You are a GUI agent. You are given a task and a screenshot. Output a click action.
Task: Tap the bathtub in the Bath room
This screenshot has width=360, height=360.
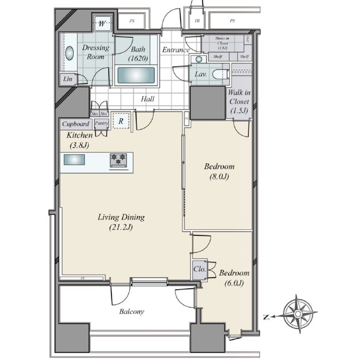point(135,77)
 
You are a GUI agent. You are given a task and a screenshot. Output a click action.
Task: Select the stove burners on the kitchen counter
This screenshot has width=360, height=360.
point(119,159)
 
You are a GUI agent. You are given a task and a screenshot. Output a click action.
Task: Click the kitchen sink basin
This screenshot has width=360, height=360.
point(74,160)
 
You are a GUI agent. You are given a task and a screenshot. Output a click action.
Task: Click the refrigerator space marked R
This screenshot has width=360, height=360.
point(120,121)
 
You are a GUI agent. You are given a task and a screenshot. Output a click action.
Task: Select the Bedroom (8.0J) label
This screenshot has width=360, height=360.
point(219,171)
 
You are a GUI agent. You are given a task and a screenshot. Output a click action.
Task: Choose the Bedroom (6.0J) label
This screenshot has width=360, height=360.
point(233,278)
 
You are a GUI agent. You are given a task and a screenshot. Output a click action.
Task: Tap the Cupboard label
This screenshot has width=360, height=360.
point(76,124)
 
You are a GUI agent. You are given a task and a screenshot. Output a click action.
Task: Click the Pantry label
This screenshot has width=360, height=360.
point(101,124)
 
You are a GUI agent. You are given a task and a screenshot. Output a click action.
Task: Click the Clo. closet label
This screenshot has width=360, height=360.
point(199,269)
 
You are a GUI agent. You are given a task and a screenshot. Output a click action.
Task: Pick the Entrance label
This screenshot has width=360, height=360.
point(176,50)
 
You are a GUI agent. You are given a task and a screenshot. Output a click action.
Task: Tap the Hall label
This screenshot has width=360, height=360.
point(148,99)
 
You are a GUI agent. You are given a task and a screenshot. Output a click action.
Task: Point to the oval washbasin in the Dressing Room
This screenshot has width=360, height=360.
point(69,53)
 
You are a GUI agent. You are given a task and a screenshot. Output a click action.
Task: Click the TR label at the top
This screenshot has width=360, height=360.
point(197,21)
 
